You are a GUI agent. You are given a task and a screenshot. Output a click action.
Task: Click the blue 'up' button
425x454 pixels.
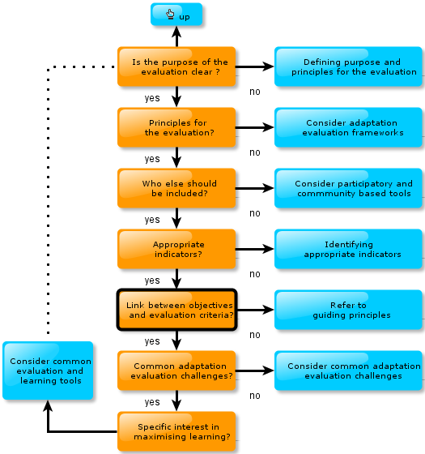coord(176,15)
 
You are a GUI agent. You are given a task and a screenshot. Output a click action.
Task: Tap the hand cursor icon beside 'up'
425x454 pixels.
coord(170,14)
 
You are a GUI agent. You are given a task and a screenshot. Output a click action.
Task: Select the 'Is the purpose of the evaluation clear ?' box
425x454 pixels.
coord(176,66)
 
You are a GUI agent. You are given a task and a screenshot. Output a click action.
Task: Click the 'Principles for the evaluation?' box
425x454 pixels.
coord(176,127)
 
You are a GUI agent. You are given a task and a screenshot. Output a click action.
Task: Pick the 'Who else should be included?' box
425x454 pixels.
coord(176,188)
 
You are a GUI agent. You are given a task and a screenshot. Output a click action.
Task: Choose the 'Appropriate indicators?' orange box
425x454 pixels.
coord(176,249)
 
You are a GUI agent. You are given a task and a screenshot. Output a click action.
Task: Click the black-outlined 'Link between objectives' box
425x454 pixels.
coord(177,310)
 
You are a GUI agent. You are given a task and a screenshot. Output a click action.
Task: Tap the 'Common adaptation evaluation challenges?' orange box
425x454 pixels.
coord(176,370)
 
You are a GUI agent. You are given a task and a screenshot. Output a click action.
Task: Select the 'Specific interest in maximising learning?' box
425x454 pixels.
coord(176,431)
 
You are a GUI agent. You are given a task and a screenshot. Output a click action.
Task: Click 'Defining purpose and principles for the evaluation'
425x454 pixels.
coord(348,66)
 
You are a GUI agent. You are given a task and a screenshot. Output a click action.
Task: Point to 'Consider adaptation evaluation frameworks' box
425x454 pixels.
coord(348,127)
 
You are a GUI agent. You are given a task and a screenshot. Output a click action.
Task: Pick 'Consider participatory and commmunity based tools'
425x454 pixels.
coord(348,188)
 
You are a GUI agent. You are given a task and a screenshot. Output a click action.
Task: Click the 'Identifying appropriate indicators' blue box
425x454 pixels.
coord(348,249)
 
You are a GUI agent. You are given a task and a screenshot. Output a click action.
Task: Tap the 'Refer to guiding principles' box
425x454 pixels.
coord(348,310)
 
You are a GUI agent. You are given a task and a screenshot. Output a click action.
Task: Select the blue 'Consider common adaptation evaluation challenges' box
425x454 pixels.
coord(348,370)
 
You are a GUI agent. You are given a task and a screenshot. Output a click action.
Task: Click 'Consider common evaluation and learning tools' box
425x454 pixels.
coord(48,370)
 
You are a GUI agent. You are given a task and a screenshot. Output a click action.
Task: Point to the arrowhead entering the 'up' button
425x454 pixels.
coord(176,32)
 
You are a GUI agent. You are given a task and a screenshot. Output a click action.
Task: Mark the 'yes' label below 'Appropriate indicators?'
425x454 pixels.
coord(152,281)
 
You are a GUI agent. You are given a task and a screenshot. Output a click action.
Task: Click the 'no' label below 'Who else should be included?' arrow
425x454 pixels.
coord(255,213)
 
